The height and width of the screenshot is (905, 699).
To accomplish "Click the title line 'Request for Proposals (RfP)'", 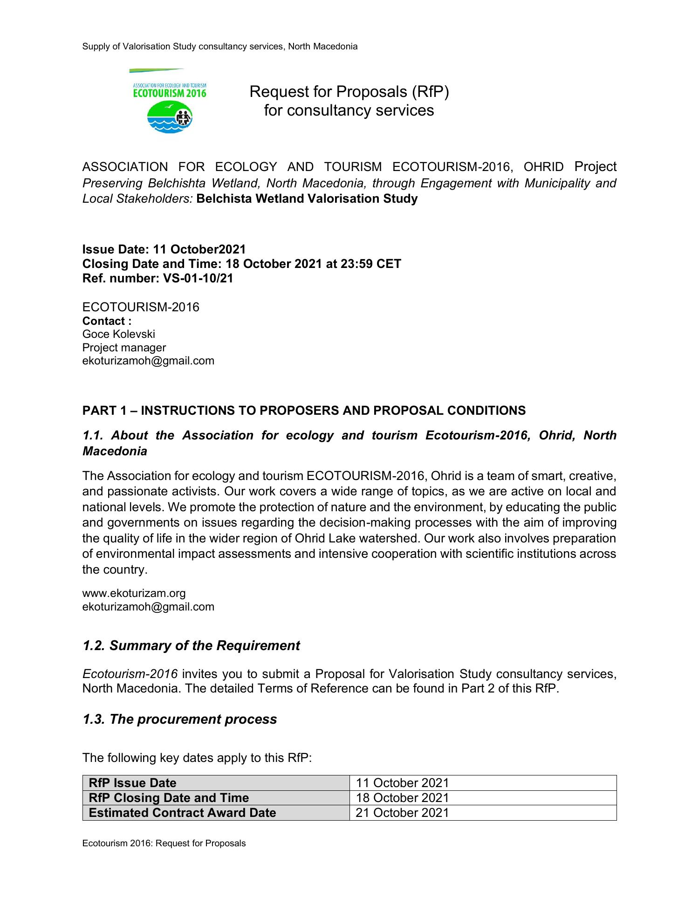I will pyautogui.click(x=349, y=92).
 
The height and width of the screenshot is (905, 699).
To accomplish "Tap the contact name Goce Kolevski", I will pyautogui.click(x=118, y=334).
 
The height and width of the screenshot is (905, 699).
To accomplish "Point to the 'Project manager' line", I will pyautogui.click(x=124, y=348).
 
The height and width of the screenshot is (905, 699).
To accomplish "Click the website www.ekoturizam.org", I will pyautogui.click(x=134, y=593).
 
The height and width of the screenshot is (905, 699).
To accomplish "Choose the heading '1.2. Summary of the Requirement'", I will pyautogui.click(x=191, y=645).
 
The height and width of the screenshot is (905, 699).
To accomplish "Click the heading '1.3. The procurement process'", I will pyautogui.click(x=179, y=719).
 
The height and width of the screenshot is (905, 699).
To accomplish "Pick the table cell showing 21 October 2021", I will pyautogui.click(x=402, y=813).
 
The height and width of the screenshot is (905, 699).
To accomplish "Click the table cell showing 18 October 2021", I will pyautogui.click(x=402, y=798).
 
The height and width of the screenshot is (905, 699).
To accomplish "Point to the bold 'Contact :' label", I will pyautogui.click(x=107, y=321).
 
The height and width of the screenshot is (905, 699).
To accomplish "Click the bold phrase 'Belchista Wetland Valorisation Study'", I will pyautogui.click(x=307, y=199).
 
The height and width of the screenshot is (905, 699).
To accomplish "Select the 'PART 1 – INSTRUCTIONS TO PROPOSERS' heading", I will pyautogui.click(x=304, y=411).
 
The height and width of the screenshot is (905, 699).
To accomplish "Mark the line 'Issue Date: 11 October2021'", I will pyautogui.click(x=164, y=249).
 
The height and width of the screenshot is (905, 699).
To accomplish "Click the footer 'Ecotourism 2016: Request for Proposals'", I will pyautogui.click(x=164, y=843).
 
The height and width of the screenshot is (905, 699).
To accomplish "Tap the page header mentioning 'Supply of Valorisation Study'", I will pyautogui.click(x=219, y=47).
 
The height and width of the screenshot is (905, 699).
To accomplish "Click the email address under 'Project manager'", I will pyautogui.click(x=148, y=361).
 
